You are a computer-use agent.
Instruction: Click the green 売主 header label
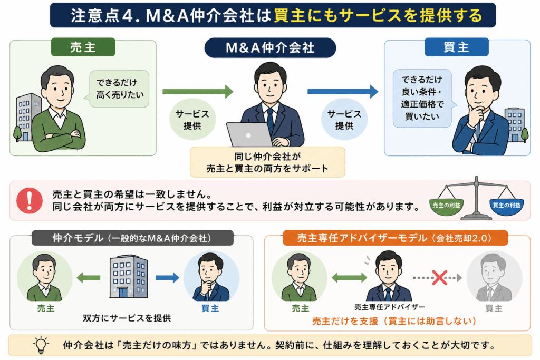[x=83, y=47]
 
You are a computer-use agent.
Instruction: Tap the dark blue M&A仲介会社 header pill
[x=270, y=47]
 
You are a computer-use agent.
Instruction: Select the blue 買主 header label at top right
[x=456, y=47]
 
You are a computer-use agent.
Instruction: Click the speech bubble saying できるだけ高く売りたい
[x=119, y=89]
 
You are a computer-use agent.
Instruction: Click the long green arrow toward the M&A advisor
[x=198, y=92]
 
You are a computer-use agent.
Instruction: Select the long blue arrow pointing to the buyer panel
[x=343, y=92]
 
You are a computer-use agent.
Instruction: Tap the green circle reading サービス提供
[x=192, y=120]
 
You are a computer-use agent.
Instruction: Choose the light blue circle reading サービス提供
[x=344, y=120]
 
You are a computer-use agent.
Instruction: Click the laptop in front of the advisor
[x=249, y=134]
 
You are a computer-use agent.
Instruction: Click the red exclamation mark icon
[x=30, y=201]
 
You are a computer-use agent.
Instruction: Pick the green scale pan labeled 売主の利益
[x=446, y=207]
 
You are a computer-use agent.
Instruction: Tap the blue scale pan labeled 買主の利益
[x=506, y=207]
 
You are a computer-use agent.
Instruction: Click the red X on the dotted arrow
[x=439, y=277]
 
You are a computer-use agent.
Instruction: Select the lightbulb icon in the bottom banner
[x=41, y=345]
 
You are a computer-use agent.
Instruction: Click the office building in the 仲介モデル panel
[x=129, y=276]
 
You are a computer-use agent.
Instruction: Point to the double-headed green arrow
[x=350, y=277]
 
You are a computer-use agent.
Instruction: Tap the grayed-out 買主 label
[x=494, y=308]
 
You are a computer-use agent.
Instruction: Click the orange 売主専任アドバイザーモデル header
[x=395, y=238]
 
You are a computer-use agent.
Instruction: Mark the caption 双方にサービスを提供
[x=127, y=318]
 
